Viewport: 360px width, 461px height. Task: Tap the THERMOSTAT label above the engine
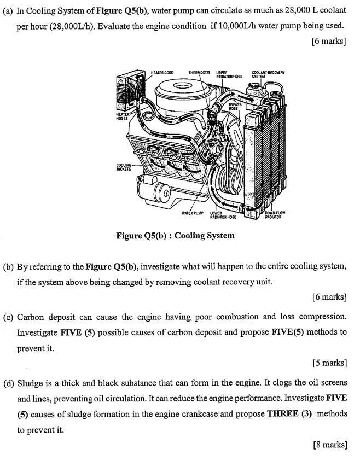pos(199,72)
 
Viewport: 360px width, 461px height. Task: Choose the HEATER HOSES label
pos(123,115)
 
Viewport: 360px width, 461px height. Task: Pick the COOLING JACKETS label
pos(123,167)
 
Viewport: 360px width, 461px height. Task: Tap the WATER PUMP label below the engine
pos(192,212)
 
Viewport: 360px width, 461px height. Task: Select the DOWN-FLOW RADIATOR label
pos(275,214)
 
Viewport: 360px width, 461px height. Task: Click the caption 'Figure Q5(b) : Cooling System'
pos(175,236)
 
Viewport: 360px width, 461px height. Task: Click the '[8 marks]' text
pos(329,445)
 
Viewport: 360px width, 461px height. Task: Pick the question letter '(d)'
pos(8,383)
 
